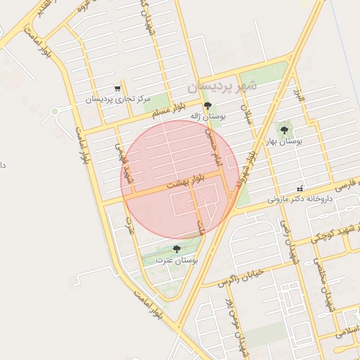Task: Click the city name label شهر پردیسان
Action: (223, 86)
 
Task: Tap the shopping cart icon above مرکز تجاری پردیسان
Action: (117, 89)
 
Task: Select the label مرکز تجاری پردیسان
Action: (119, 100)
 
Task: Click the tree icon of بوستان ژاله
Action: (206, 105)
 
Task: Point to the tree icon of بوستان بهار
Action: (284, 129)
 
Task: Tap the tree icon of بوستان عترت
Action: (176, 249)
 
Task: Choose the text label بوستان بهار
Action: (285, 141)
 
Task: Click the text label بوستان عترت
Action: (180, 260)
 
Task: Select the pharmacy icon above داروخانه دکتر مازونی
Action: (300, 188)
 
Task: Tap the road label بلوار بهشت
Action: (186, 183)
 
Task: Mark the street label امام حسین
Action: (213, 148)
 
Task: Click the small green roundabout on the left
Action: (54, 111)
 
